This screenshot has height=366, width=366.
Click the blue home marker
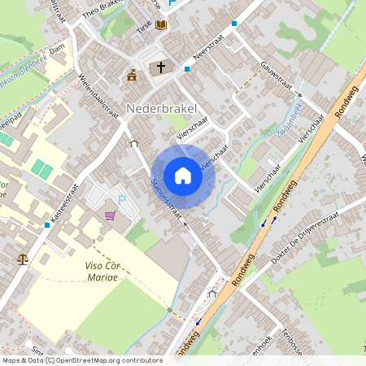pyautogui.click(x=183, y=175)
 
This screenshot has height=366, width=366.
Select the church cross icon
pyautogui.click(x=161, y=68)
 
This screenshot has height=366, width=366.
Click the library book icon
pyautogui.click(x=161, y=25)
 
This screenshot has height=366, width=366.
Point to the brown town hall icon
pyautogui.click(x=132, y=76)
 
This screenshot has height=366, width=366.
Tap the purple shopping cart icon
pyautogui.click(x=110, y=216)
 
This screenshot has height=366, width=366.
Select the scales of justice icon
pyautogui.click(x=21, y=259)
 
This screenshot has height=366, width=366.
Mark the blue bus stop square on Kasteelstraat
pyautogui.click(x=47, y=225)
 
